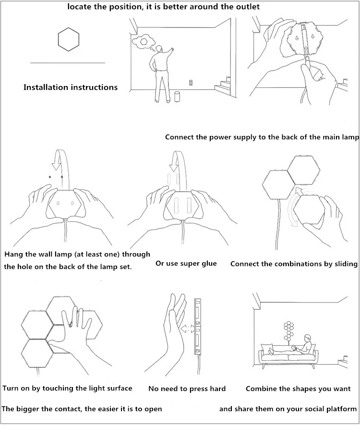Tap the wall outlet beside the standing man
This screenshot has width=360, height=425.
tap(191, 83)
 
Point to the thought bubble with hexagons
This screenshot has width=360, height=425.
tap(143, 41)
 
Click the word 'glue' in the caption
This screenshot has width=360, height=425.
tap(209, 263)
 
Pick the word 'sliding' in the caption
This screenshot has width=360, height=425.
tap(344, 264)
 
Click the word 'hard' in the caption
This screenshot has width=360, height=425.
tap(216, 389)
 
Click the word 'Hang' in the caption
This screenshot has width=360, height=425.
tap(13, 254)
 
